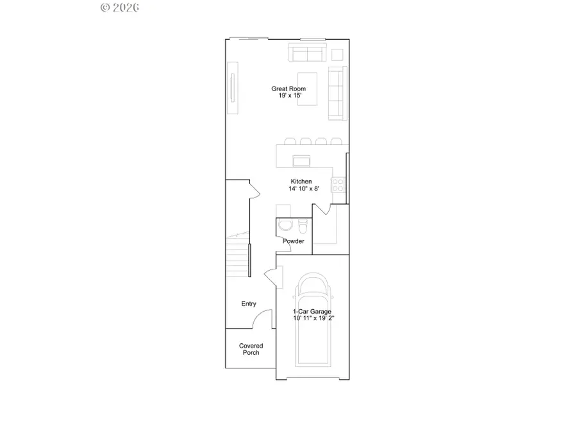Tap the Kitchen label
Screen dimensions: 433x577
pos(301,182)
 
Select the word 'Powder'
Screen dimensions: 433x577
pos(294,241)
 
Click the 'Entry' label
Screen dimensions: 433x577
pos(249,304)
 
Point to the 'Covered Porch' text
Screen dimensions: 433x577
pos(251,350)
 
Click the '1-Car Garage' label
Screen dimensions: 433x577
pos(312,312)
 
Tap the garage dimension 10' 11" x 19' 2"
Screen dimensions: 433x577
pos(312,318)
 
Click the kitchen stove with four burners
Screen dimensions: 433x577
pos(338,185)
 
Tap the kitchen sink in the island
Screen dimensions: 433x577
pos(301,160)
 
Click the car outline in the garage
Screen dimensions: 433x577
pos(314,327)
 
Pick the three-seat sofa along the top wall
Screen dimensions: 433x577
pos(307,53)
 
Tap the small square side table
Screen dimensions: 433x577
pos(337,53)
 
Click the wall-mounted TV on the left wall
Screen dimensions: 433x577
pos(233,87)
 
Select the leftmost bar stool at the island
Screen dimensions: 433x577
pos(290,140)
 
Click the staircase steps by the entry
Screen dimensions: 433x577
pos(238,257)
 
